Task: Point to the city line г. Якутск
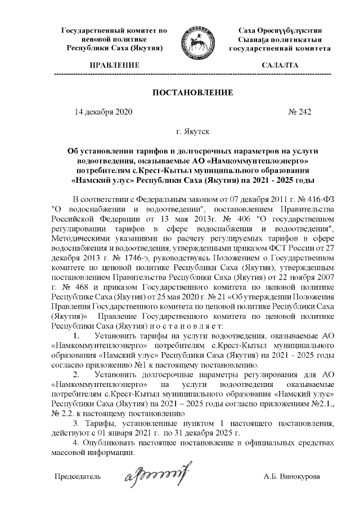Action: pyautogui.click(x=192, y=132)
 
